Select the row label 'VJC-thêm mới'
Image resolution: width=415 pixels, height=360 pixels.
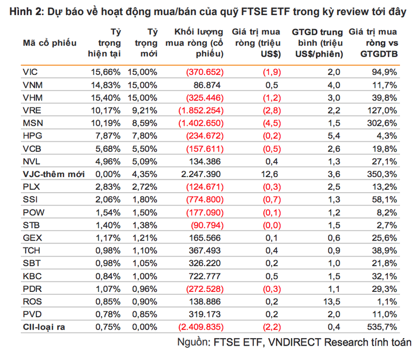pyautogui.click(x=50, y=174)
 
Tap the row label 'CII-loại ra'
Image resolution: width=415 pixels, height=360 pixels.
pyautogui.click(x=44, y=327)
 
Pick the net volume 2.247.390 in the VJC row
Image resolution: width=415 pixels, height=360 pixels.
pyautogui.click(x=201, y=174)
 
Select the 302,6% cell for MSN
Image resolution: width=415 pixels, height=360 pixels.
pyautogui.click(x=382, y=123)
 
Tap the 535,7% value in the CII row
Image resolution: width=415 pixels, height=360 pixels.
pyautogui.click(x=382, y=327)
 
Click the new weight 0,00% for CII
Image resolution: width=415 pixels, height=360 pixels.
pyautogui.click(x=144, y=327)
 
